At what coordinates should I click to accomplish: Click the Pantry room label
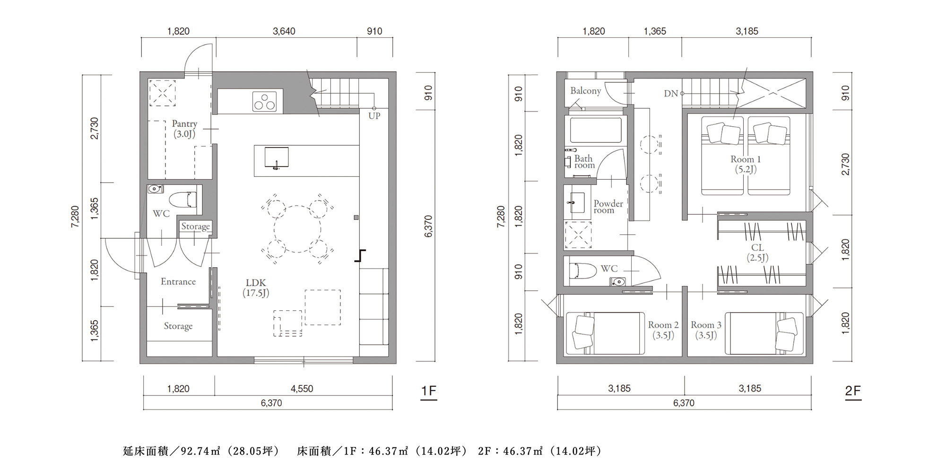[x=184, y=129]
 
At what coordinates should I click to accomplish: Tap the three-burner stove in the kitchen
[x=264, y=102]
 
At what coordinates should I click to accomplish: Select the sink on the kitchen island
[x=276, y=158]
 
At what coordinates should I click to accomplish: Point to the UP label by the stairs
[x=374, y=116]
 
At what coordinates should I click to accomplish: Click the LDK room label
[x=256, y=288]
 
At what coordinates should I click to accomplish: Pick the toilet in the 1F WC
[x=182, y=199]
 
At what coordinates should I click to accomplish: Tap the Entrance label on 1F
[x=178, y=282]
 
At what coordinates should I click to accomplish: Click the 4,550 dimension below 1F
[x=302, y=389]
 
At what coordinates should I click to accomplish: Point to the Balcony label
[x=585, y=91]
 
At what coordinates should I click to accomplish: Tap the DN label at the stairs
[x=671, y=94]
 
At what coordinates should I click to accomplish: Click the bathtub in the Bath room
[x=596, y=130]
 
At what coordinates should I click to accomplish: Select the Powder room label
[x=608, y=207]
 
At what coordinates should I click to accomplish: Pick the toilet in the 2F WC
[x=583, y=271]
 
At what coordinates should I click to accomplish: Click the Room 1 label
[x=746, y=164]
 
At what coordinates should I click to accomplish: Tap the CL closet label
[x=757, y=253]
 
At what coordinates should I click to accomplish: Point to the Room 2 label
[x=663, y=330]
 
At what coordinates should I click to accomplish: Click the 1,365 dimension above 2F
[x=655, y=31]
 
